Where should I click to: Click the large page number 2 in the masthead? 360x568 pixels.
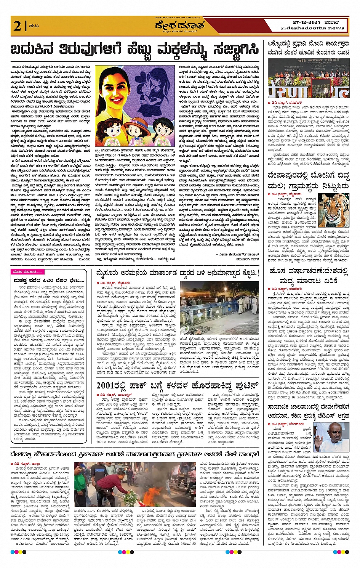coord(18,26)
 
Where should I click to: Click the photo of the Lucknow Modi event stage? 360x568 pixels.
coord(308,78)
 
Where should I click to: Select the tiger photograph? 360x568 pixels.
coord(333,210)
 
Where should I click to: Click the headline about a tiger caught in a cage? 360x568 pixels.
coord(308,181)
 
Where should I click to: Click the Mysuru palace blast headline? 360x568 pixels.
coord(177,273)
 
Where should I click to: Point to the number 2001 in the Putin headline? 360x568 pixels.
coord(106,385)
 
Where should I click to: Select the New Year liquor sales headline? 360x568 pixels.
coord(308,276)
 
